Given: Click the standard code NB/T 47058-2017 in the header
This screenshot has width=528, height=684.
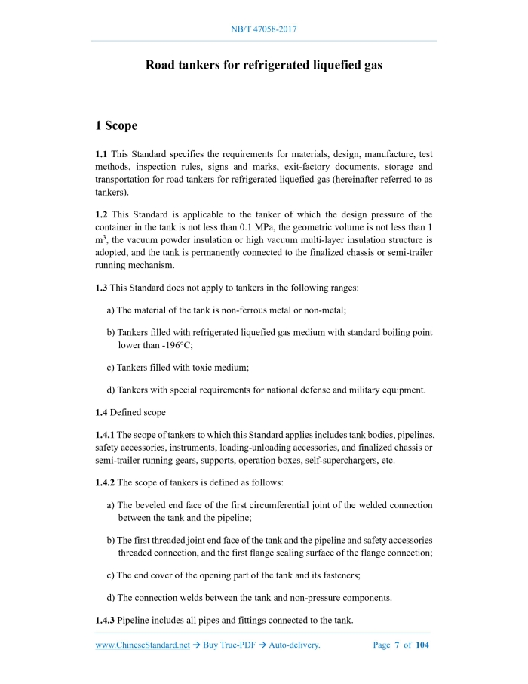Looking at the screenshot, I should point(263,29).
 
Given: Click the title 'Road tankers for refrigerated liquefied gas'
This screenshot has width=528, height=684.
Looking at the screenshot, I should point(263,65).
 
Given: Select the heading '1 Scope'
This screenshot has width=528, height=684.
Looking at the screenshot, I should point(116,125).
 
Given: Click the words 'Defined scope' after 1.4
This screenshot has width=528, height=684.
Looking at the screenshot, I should point(139,412).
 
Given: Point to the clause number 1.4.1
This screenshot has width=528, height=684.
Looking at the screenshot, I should point(105,436).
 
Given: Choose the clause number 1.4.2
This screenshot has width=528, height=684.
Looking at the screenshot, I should point(105,482).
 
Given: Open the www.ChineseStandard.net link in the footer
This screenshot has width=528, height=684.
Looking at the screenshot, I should point(142,645).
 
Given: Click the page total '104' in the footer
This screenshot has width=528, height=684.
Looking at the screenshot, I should point(422,645).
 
